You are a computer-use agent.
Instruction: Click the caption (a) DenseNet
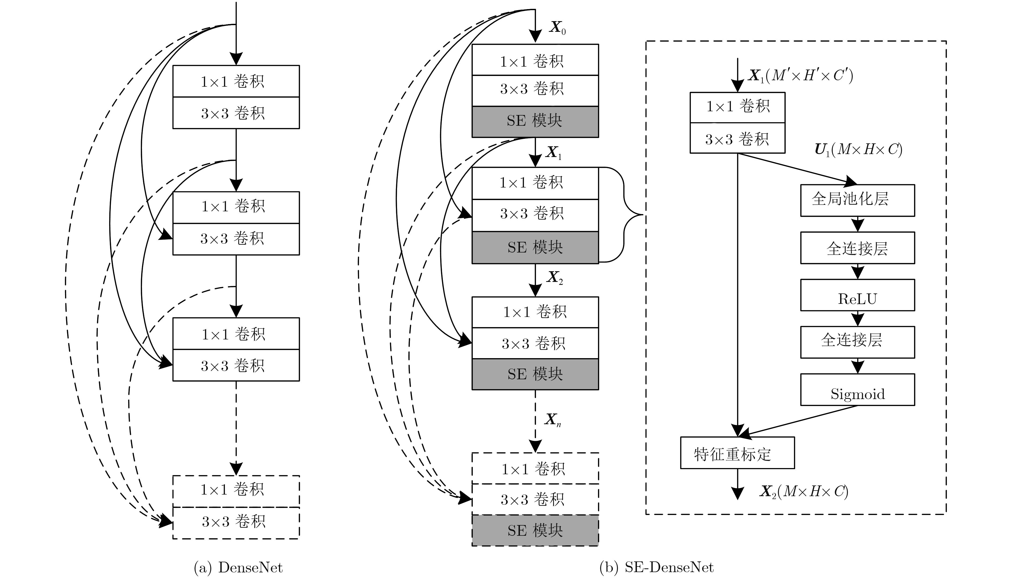click(x=238, y=567)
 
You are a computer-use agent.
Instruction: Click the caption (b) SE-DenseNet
click(x=656, y=567)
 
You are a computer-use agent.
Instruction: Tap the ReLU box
click(x=857, y=295)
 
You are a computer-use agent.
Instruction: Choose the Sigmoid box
click(x=857, y=389)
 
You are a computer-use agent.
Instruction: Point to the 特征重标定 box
click(x=737, y=453)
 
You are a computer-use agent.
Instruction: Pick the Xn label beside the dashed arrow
click(x=553, y=420)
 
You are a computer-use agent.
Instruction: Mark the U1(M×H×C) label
click(x=858, y=150)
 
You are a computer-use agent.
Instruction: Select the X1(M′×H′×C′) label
click(x=800, y=75)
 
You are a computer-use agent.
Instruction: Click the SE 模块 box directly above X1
click(x=535, y=121)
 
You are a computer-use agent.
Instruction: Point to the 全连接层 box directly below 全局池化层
click(x=857, y=248)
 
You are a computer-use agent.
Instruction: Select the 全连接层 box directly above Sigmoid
click(x=857, y=342)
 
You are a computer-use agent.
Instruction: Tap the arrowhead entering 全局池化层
click(x=851, y=182)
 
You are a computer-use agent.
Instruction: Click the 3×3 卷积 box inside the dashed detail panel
click(x=737, y=138)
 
